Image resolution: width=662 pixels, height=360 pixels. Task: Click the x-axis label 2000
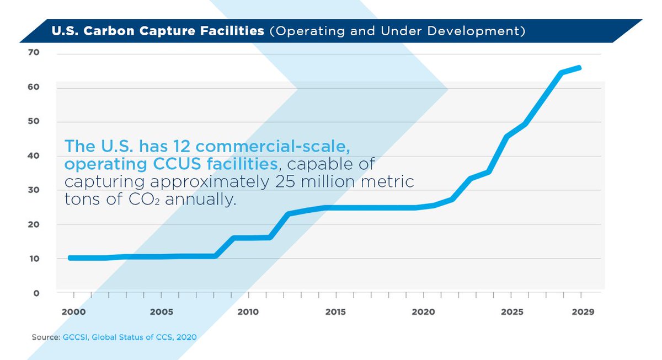pos(73,311)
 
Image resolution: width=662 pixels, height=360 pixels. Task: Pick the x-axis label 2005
pos(161,311)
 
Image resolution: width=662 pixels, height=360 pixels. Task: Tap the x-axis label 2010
pos(248,311)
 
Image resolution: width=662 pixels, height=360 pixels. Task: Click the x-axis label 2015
pos(335,311)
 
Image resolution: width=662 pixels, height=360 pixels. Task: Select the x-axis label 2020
pos(424,311)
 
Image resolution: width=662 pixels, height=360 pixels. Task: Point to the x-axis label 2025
pos(511,311)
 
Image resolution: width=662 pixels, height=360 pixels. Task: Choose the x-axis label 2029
pos(583,311)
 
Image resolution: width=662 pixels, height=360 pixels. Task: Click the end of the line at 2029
pos(580,68)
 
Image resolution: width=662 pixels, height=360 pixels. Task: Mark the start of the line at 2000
pos(70,257)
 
